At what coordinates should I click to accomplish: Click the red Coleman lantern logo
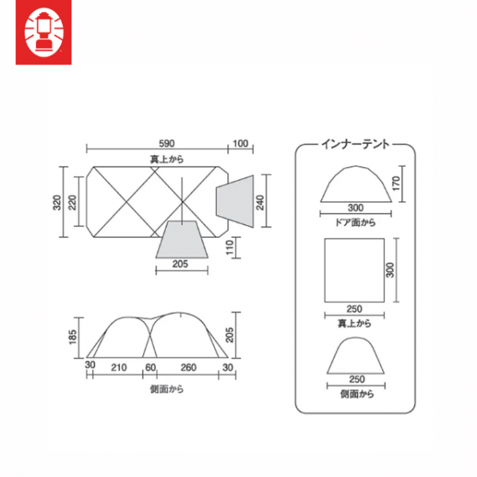[44, 33]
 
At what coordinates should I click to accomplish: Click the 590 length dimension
[167, 143]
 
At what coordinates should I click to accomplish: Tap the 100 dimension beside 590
[240, 143]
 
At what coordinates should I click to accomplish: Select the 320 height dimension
[57, 202]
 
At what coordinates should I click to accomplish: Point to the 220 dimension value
[72, 202]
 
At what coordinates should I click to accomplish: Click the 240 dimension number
[260, 202]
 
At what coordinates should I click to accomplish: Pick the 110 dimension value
[230, 247]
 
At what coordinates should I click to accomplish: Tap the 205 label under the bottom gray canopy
[180, 264]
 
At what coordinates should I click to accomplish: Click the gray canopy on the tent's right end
[235, 201]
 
